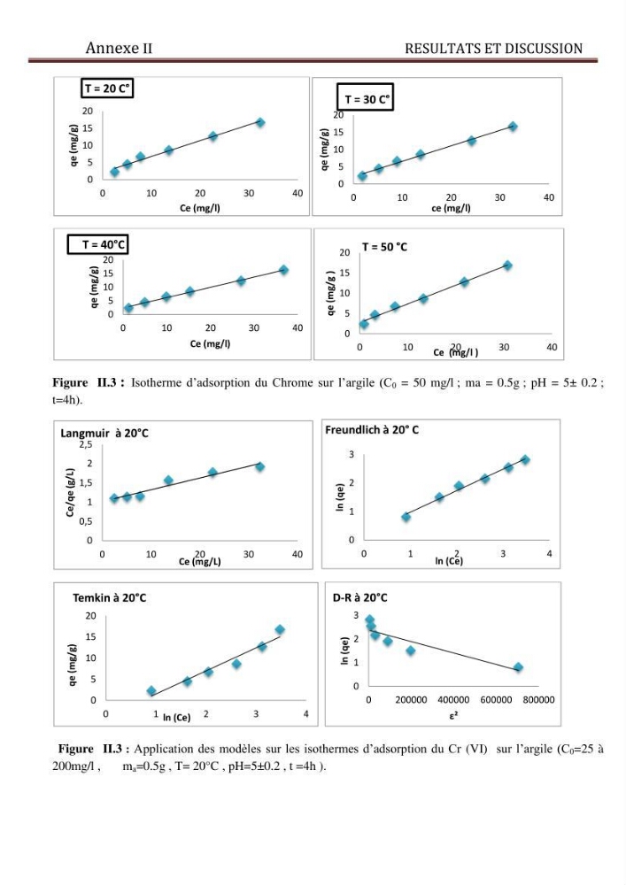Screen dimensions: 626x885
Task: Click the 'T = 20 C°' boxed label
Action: click(x=107, y=88)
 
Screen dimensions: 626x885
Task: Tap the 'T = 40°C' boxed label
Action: click(x=98, y=244)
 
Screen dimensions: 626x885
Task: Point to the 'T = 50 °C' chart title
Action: click(x=384, y=247)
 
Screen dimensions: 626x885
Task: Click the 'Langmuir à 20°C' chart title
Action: click(x=104, y=434)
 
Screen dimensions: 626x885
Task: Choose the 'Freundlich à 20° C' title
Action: click(x=372, y=430)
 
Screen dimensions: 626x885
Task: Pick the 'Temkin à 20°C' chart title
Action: click(x=110, y=597)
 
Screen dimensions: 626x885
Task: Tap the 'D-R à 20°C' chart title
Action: click(x=360, y=597)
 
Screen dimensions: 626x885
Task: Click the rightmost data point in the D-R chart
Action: click(x=518, y=667)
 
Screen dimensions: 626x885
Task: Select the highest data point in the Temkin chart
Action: click(x=280, y=630)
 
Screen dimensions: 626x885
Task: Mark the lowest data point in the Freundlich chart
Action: click(x=406, y=517)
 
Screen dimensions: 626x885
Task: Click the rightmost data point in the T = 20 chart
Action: click(x=260, y=122)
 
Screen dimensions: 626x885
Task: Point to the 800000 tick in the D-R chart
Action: click(x=538, y=700)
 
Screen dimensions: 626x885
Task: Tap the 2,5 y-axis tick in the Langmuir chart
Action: click(x=86, y=445)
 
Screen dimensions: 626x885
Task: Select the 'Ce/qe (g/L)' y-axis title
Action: click(x=71, y=492)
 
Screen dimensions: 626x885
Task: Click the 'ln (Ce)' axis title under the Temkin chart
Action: click(x=177, y=718)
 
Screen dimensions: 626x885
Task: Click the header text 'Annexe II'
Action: click(x=120, y=48)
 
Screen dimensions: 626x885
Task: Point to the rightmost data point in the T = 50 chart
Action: click(x=507, y=265)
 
